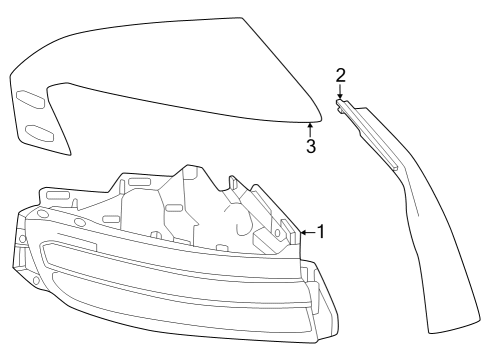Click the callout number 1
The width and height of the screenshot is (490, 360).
point(321,232)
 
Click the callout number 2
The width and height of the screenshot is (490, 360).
point(341,75)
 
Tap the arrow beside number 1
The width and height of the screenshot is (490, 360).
point(307,232)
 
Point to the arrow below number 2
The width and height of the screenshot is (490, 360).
point(341,93)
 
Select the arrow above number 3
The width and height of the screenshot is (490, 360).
point(311,129)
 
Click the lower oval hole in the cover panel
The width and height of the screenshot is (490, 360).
point(39,132)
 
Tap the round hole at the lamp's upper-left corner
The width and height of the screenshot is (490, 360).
point(42,214)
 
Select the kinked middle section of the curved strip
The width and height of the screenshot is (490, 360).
point(400,180)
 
